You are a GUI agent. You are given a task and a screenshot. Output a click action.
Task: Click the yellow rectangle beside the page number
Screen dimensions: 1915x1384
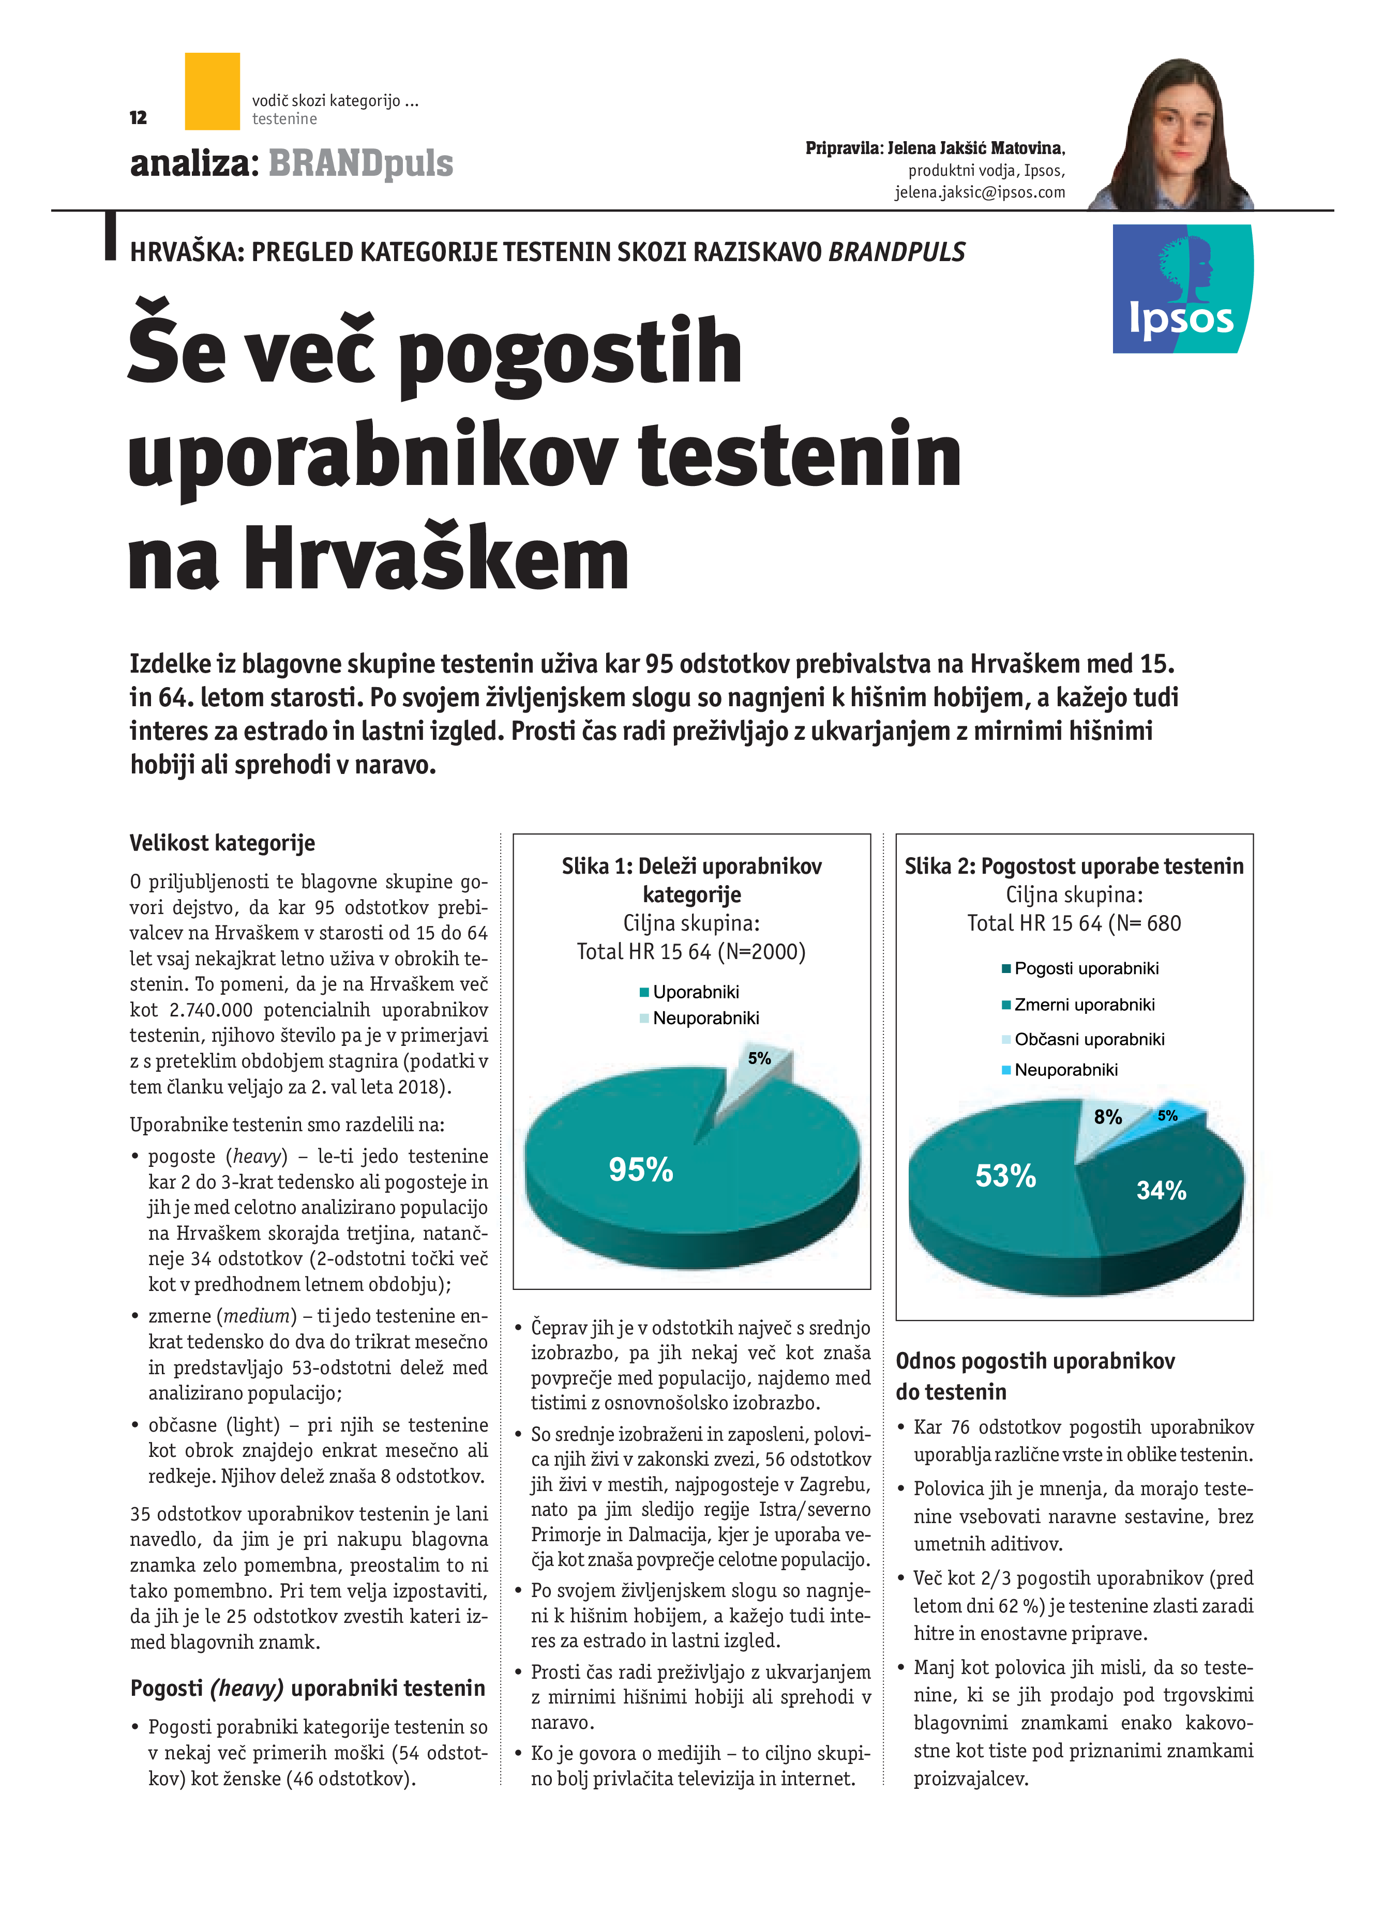click(212, 91)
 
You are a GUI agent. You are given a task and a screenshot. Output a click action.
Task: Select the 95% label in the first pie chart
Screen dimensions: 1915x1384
click(641, 1169)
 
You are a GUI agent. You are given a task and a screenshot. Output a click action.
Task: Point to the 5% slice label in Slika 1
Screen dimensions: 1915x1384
click(759, 1058)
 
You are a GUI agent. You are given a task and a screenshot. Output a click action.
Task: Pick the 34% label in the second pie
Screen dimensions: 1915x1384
click(1161, 1191)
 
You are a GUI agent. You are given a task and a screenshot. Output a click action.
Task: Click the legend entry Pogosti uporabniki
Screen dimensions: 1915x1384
click(1086, 968)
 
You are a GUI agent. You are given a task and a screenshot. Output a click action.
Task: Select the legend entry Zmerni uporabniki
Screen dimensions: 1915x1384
click(1084, 1005)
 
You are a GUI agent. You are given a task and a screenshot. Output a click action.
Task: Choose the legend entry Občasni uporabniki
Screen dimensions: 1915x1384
click(1089, 1039)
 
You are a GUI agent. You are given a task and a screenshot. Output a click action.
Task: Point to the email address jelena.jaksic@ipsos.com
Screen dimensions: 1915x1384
click(980, 192)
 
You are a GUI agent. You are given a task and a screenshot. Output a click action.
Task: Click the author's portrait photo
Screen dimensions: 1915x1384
click(1174, 135)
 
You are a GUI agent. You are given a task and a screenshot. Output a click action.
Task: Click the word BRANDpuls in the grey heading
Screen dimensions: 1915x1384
click(360, 164)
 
